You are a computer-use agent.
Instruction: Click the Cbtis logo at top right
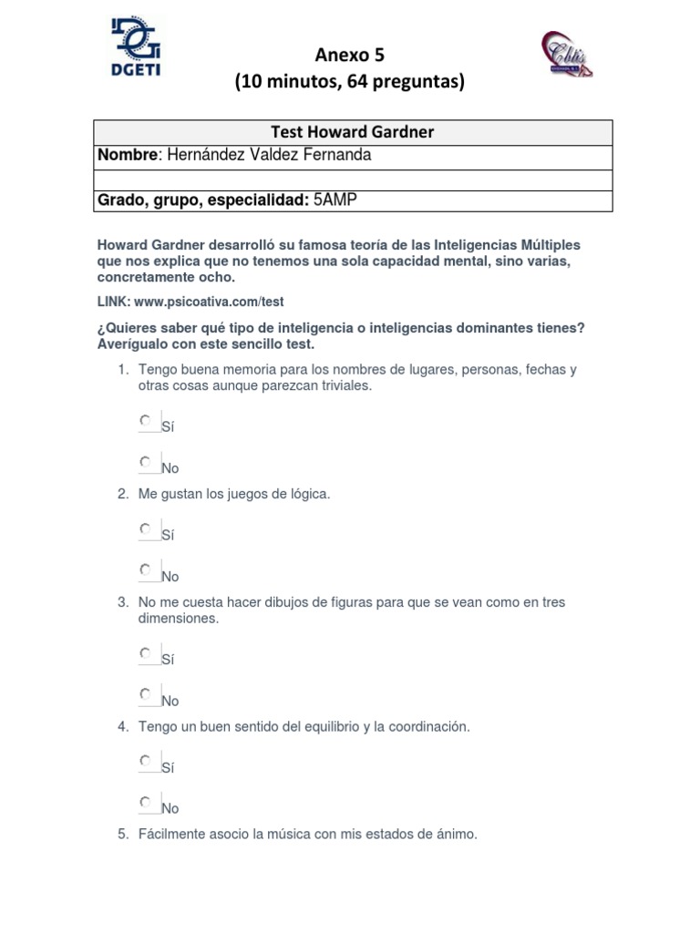(x=567, y=54)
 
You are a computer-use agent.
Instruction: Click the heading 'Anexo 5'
(x=350, y=56)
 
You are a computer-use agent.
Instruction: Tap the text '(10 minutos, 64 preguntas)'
(x=350, y=82)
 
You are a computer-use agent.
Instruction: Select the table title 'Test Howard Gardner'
(x=353, y=132)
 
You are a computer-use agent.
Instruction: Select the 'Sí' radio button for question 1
(x=146, y=421)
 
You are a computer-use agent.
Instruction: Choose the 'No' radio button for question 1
(x=146, y=462)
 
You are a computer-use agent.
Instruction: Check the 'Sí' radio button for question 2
(x=146, y=528)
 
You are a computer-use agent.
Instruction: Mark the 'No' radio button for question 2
(x=146, y=570)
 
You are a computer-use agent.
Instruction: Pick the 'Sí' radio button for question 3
(x=146, y=653)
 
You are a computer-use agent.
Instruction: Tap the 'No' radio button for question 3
(x=146, y=694)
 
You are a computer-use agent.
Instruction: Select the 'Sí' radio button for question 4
(x=146, y=761)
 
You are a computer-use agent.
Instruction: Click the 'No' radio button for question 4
(x=146, y=802)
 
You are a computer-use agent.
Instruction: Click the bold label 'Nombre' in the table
(x=128, y=155)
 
